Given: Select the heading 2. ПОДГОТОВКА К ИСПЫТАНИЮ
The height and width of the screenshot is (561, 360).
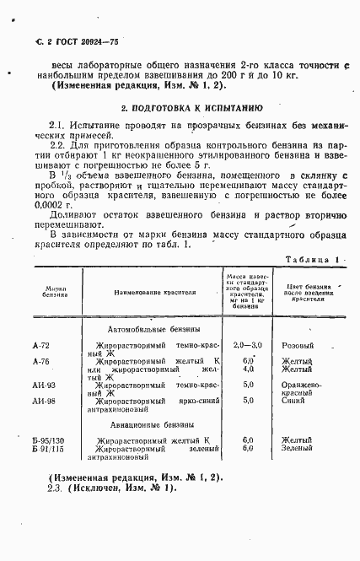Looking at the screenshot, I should (x=180, y=108).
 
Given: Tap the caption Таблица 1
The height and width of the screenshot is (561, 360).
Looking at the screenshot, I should (x=313, y=261).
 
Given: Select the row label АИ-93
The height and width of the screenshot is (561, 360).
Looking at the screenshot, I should (x=44, y=385).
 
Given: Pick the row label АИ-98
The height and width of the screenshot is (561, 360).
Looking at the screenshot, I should (x=44, y=401).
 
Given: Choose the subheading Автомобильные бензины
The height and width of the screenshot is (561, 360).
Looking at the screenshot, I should (x=154, y=329).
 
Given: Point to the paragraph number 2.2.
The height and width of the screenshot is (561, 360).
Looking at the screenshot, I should (x=57, y=145).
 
